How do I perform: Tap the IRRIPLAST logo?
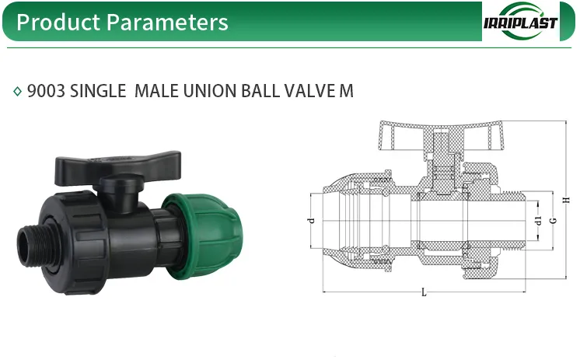520,22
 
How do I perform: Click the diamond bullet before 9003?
18,92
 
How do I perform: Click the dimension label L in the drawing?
424,292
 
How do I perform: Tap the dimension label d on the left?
312,221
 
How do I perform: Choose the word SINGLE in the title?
98,91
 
